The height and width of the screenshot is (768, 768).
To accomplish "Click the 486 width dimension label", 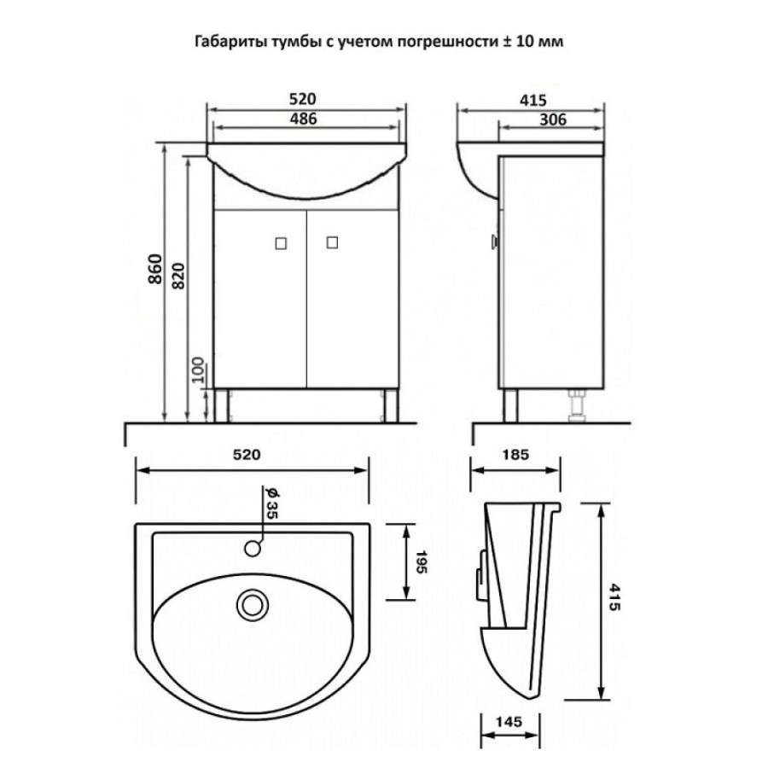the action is tap(303, 119).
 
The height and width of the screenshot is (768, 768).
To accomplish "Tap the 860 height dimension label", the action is tap(154, 269).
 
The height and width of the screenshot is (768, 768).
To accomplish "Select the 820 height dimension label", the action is tap(178, 276).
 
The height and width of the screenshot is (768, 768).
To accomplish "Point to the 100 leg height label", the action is tap(196, 369).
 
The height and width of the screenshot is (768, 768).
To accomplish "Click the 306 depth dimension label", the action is tap(552, 119).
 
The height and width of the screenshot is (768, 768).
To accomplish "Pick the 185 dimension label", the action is tap(515, 455).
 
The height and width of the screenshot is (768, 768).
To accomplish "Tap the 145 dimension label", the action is tap(509, 721).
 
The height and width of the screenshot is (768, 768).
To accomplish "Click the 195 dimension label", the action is tap(422, 561).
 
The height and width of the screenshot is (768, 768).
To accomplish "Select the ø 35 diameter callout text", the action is tap(271, 503).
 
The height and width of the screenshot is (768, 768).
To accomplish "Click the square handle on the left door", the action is tap(281, 243).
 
